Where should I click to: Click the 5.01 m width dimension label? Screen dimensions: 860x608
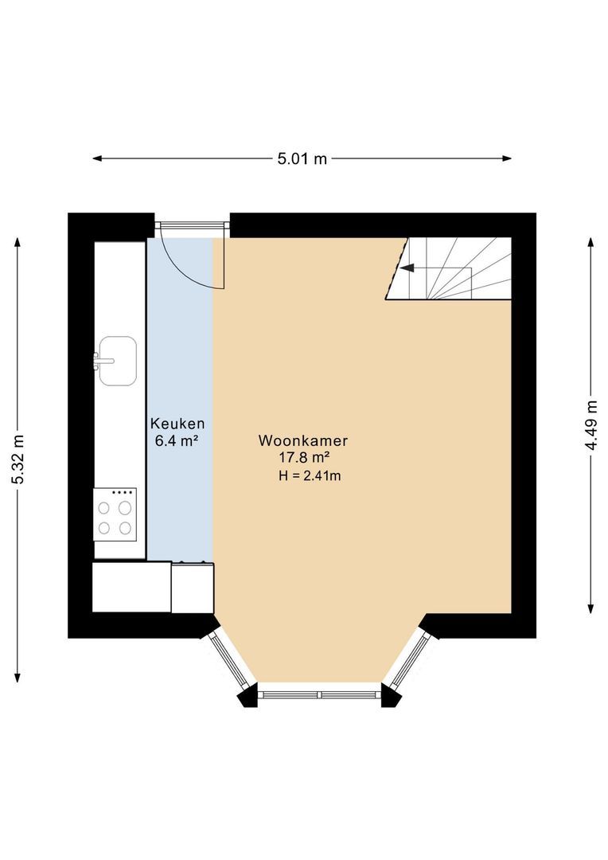302,158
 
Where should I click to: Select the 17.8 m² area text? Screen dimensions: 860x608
304,457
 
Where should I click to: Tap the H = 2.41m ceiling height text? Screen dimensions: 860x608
310,475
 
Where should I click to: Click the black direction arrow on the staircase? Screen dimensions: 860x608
407,268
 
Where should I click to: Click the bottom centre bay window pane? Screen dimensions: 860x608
320,694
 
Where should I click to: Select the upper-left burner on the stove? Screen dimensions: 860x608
105,506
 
